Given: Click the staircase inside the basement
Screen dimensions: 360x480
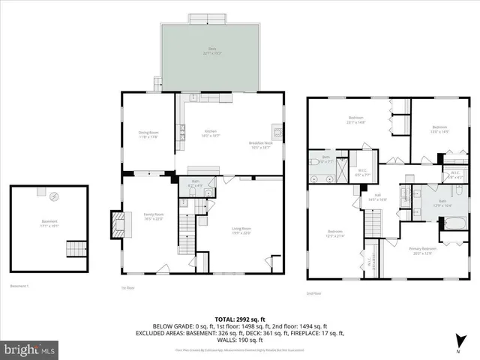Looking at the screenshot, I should pyautogui.click(x=76, y=249).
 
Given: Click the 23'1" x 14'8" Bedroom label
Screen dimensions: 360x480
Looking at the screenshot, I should pyautogui.click(x=355, y=119).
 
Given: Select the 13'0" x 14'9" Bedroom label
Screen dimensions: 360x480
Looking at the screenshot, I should pyautogui.click(x=439, y=129).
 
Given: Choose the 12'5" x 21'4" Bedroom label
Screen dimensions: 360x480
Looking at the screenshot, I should pyautogui.click(x=334, y=232).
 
